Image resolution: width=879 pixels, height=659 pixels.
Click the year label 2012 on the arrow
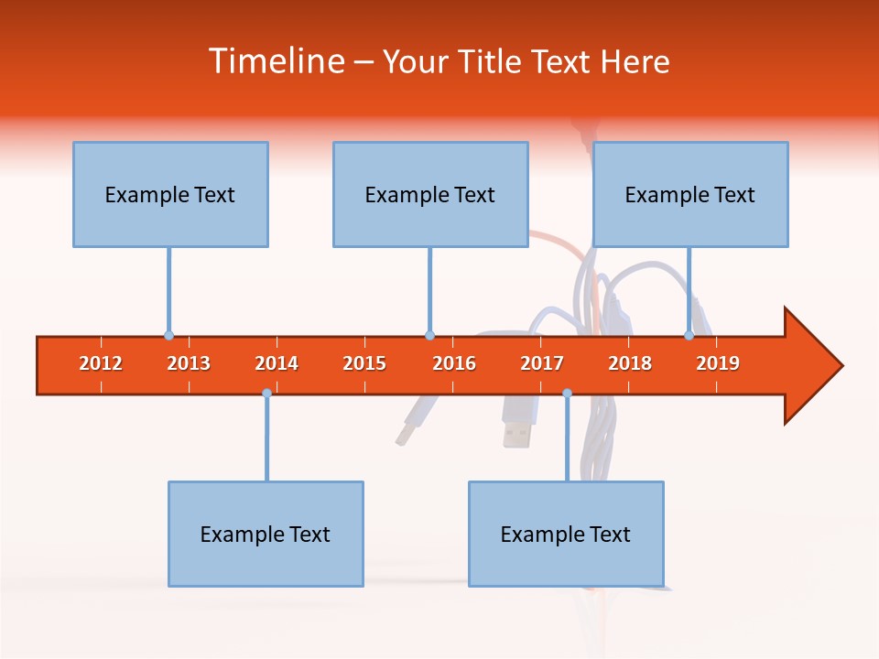pos(101,363)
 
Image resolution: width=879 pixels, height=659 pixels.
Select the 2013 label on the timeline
pos(189,363)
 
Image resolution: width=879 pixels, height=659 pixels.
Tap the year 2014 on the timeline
pos(277,363)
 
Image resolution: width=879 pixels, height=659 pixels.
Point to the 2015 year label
pos(364,363)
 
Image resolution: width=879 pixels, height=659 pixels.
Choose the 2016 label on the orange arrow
pos(454,363)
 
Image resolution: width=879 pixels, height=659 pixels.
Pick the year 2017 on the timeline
pos(542,363)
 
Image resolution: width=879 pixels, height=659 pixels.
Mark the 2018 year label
pos(630,363)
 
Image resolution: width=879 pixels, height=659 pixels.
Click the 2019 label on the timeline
pos(718,363)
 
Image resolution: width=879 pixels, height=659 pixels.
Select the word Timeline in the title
pos(275,61)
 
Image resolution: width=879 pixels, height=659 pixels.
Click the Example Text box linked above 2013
pos(170,194)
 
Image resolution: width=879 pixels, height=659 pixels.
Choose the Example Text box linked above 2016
pos(430,194)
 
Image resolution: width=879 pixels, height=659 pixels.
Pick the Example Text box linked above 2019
pos(690,194)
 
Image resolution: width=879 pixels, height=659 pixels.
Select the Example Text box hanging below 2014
pos(266,534)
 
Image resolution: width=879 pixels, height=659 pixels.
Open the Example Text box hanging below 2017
pos(566,534)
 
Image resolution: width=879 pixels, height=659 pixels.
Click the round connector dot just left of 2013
pos(168,335)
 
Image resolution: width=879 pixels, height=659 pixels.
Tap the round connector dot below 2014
pos(266,393)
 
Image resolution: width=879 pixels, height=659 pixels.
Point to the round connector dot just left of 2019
pos(689,335)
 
